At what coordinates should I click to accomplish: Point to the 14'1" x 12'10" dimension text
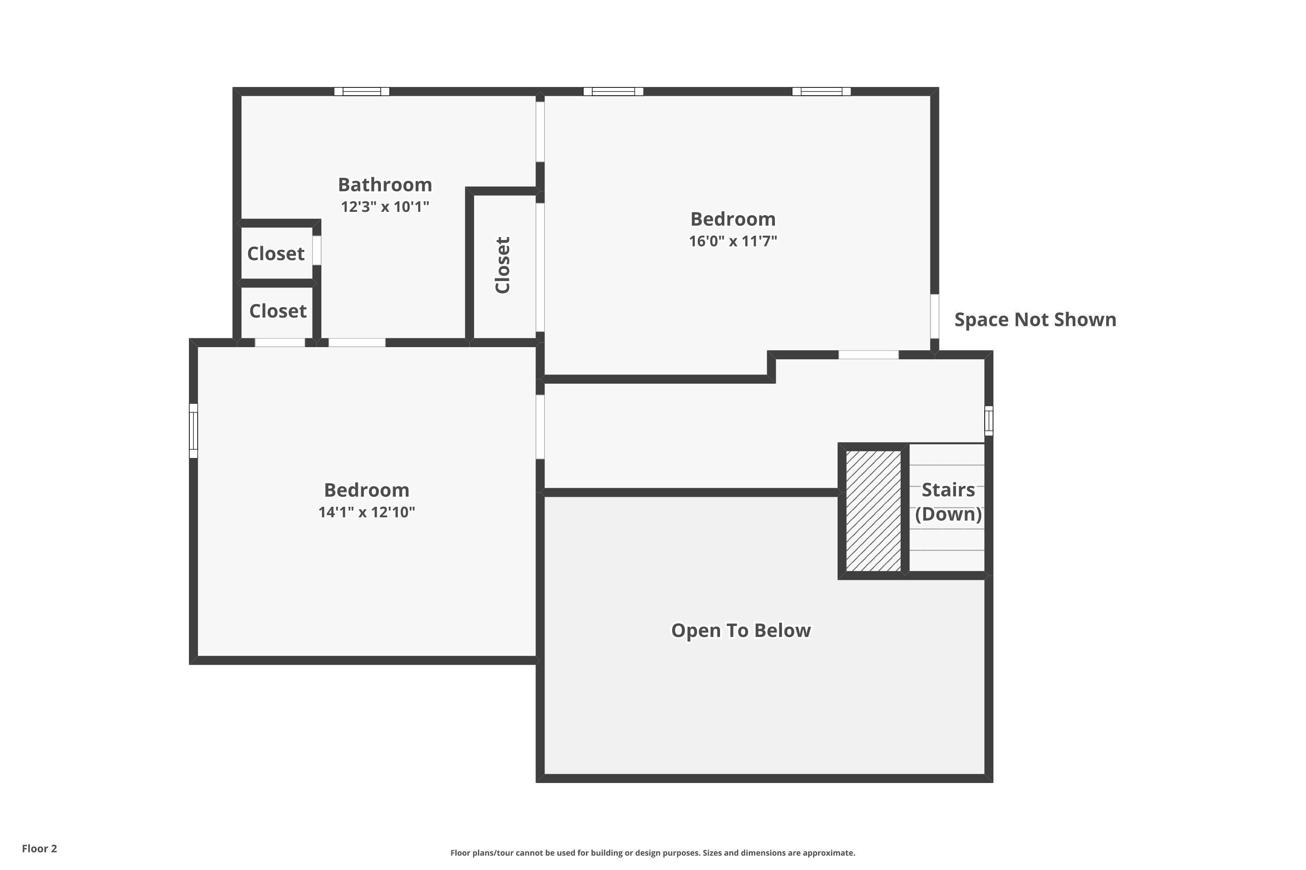point(367,512)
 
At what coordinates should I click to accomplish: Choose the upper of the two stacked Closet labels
point(276,254)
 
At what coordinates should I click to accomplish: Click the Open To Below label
point(741,630)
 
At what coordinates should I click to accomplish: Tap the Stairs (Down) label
point(948,502)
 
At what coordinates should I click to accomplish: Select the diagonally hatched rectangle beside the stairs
point(873,510)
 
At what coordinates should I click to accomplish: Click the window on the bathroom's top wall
point(361,91)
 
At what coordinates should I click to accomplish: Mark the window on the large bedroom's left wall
point(193,431)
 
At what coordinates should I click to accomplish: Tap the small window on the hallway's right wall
point(988,421)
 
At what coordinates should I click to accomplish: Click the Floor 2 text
point(40,848)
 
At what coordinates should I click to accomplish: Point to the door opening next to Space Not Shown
point(935,316)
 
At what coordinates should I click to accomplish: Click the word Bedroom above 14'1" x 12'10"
point(367,490)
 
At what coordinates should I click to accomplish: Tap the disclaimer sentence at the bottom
point(653,853)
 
